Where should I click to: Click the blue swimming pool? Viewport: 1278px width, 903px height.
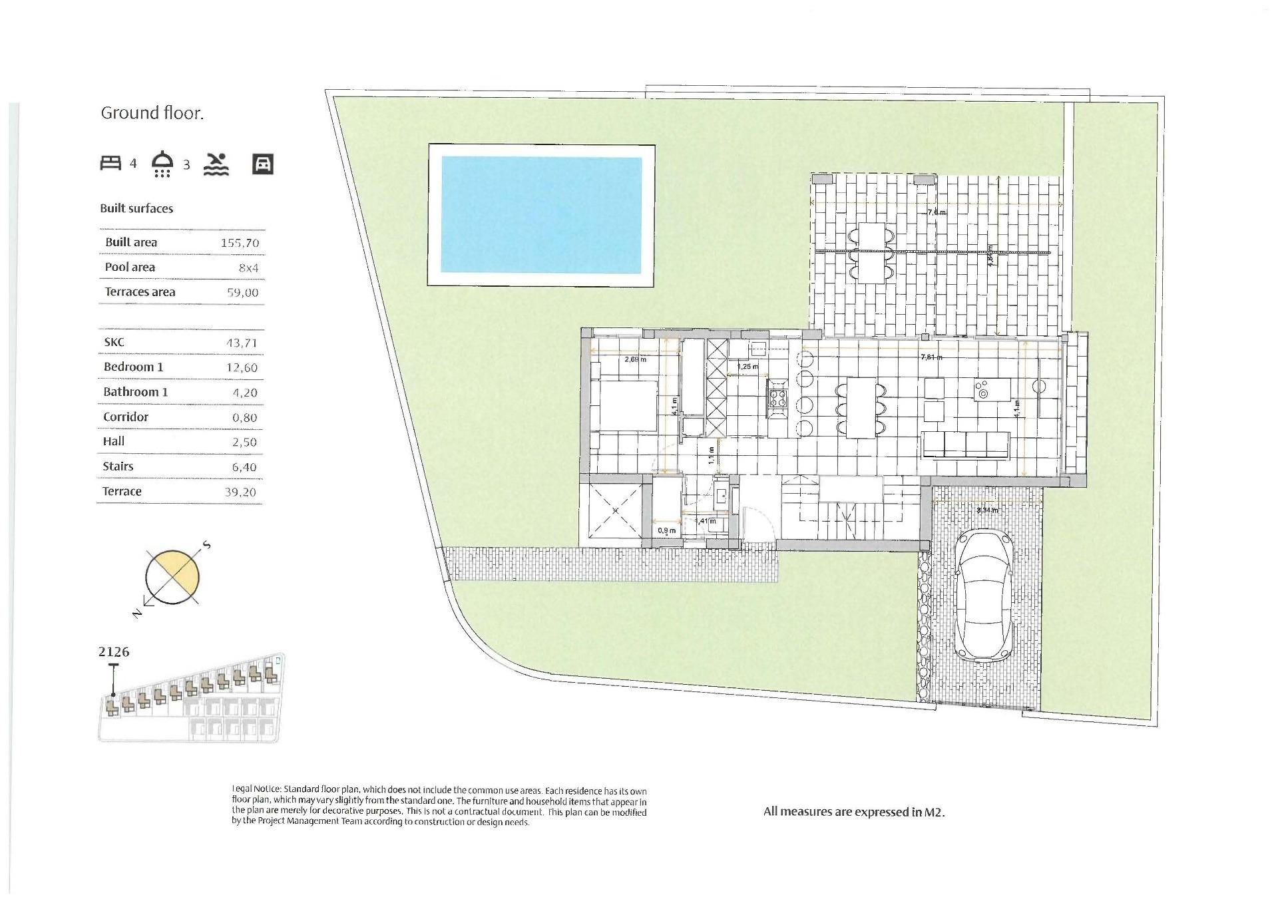point(541,215)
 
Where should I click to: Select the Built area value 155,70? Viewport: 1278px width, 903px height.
point(240,243)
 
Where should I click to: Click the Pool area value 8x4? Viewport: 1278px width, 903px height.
point(248,268)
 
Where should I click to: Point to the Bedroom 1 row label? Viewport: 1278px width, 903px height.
point(133,367)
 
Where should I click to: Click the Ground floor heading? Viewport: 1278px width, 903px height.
point(152,113)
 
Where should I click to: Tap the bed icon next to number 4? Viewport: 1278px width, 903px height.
point(110,163)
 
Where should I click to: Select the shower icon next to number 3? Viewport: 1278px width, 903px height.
point(163,164)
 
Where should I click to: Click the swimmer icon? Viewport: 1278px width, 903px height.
point(216,164)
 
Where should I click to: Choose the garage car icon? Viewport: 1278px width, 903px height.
point(263,164)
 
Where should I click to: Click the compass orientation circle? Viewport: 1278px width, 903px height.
point(172,577)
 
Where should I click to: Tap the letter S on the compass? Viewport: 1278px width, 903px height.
point(206,546)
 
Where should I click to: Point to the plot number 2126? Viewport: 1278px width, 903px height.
point(114,651)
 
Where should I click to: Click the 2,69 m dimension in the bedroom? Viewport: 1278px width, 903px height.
point(635,360)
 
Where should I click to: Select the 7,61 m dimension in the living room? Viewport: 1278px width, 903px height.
point(931,357)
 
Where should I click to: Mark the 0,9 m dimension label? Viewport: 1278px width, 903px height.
point(666,530)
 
